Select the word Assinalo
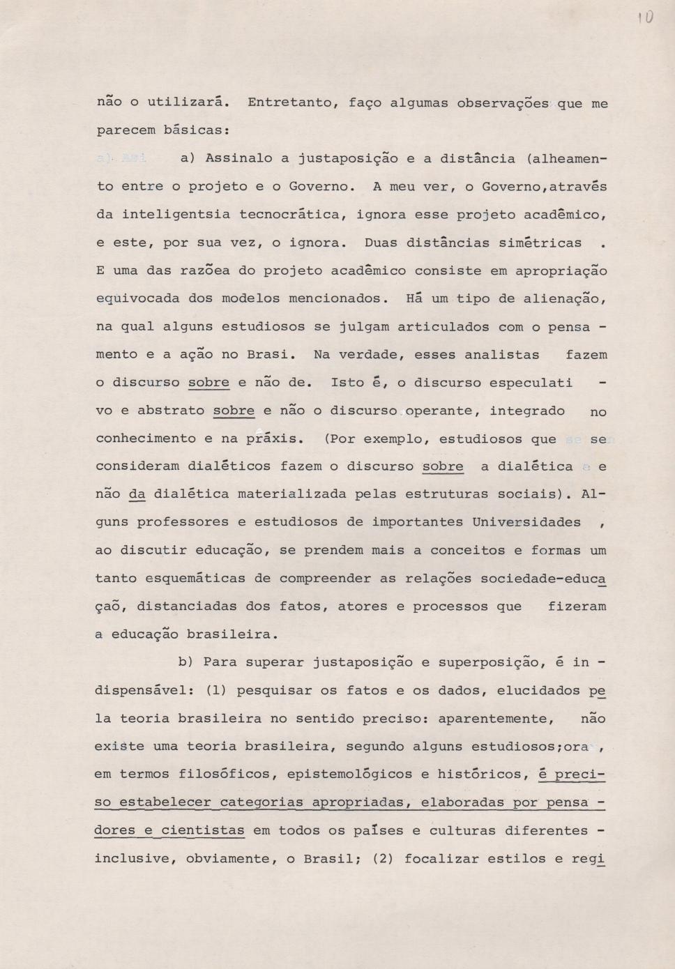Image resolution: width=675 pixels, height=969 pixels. tap(238, 158)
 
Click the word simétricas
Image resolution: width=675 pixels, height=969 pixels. tap(540, 243)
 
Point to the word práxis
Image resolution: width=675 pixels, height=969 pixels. tap(274, 439)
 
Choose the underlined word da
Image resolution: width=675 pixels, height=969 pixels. tap(137, 494)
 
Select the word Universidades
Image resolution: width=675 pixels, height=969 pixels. tap(526, 522)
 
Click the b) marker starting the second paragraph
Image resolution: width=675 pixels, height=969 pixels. tap(185, 662)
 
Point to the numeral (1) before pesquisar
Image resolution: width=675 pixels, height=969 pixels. tap(216, 691)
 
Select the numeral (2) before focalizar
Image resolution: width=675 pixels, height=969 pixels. tap(384, 859)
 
